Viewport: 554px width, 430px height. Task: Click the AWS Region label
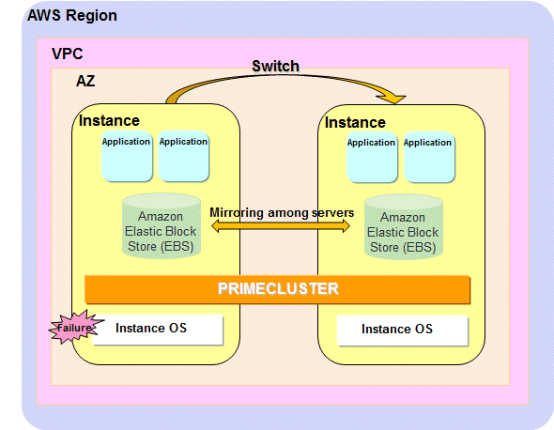[72, 16]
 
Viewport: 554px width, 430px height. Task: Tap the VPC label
[67, 54]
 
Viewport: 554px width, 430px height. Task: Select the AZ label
[85, 82]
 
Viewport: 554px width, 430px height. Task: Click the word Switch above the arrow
[275, 66]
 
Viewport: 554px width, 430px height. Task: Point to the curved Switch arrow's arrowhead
[394, 99]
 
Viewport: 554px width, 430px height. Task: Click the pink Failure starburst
[75, 327]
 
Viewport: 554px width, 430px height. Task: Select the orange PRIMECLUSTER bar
[277, 289]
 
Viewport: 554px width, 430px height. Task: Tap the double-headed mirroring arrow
[281, 225]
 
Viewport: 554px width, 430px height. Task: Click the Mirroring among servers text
[282, 213]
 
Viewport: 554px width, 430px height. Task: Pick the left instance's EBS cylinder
[162, 226]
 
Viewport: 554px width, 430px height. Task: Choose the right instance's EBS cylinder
[404, 227]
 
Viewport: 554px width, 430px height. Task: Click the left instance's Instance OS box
[158, 329]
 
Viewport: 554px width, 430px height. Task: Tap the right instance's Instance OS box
[403, 330]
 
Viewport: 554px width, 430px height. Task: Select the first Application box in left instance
[127, 156]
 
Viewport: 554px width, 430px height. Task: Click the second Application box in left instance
[183, 156]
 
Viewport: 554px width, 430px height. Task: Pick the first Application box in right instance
[372, 157]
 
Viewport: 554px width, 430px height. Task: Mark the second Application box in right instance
[429, 157]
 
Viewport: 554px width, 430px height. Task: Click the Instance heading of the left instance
[109, 121]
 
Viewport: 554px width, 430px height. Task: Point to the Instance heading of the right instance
[355, 123]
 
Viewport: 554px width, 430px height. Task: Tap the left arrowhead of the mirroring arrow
[216, 225]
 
